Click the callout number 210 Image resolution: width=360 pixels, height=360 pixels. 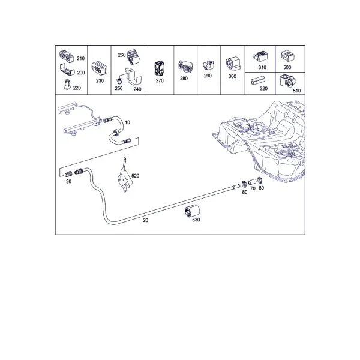pos(80,59)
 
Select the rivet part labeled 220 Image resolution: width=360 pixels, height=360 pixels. pos(67,85)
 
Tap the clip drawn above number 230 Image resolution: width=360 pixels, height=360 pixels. pos(100,68)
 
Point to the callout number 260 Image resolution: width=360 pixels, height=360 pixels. pos(122,55)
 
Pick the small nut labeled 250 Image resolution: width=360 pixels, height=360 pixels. pos(119,80)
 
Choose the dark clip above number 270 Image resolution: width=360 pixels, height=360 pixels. pos(159,68)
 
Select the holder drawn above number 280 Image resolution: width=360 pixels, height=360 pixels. pos(185,67)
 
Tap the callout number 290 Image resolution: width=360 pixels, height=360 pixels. pos(208,76)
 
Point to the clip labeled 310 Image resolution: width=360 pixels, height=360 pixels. pos(260,57)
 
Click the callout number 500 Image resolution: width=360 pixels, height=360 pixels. pos(287,67)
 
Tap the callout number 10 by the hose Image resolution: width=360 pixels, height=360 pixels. pos(127,122)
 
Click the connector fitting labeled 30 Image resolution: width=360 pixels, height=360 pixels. pos(68,174)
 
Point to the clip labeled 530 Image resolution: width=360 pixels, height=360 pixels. pos(192,211)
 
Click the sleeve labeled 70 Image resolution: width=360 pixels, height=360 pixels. pos(252,182)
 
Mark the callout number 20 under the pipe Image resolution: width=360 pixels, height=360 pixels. pos(146,220)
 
